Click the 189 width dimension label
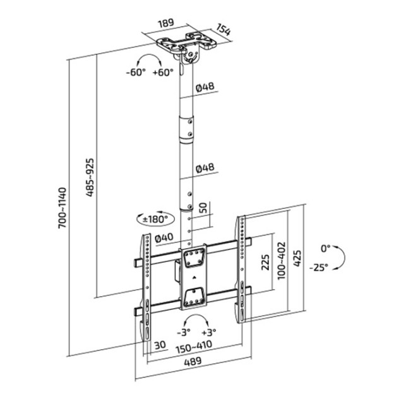(165, 23)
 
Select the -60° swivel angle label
(136, 72)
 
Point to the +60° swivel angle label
(163, 72)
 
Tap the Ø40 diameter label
(164, 238)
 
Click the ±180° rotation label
(155, 219)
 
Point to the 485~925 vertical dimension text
(89, 175)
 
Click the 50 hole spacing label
(203, 208)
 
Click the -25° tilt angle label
(319, 267)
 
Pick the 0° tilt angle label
(325, 247)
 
